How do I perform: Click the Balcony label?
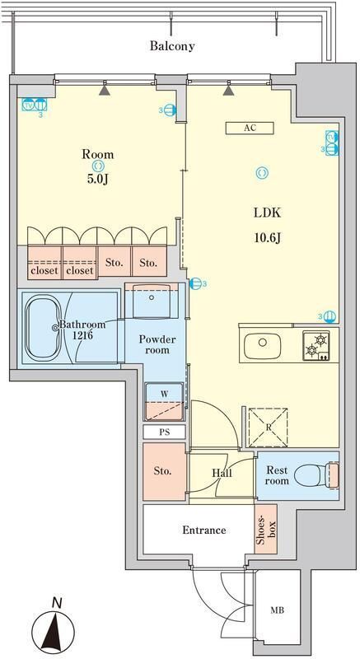point(172,46)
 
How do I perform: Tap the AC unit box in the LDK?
point(250,128)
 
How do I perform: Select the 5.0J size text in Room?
point(98,180)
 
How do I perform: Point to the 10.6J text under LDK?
point(267,238)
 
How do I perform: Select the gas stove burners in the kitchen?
point(316,345)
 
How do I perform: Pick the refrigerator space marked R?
point(268,427)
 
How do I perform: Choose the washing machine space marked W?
point(164,401)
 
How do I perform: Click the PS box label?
point(164,432)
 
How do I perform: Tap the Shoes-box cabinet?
point(266,529)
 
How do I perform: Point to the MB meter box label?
point(277,610)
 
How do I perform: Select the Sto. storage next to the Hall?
point(164,471)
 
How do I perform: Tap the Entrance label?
point(204,530)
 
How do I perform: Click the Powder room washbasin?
point(152,301)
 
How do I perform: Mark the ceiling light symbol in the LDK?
point(262,172)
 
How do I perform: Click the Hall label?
point(222,473)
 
